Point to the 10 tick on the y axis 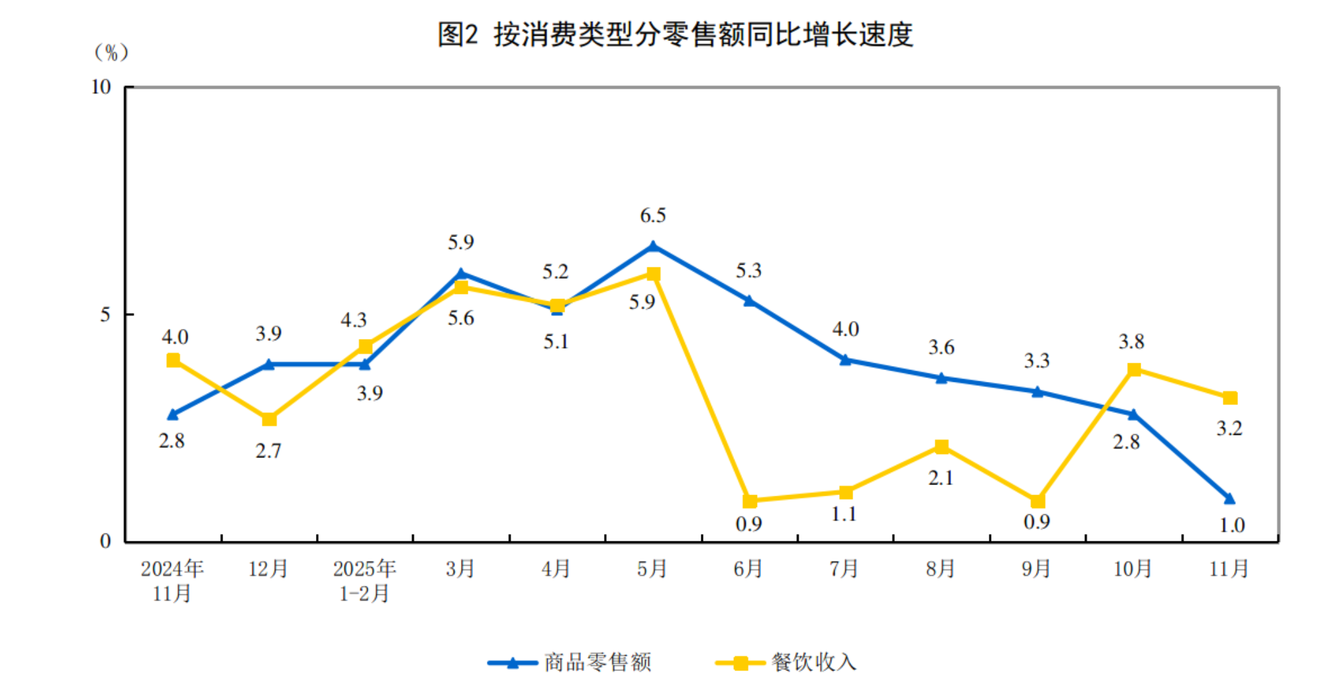point(101,87)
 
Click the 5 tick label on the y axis point(105,314)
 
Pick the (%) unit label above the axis point(111,52)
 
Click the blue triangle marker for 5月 point(653,246)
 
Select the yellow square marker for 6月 point(749,501)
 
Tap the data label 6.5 point(652,216)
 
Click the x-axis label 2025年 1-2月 point(364,580)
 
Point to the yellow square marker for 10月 point(1134,369)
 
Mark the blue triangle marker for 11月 point(1229,498)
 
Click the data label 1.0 point(1232,526)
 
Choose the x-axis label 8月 point(941,569)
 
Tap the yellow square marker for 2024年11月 point(173,360)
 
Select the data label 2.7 point(268,451)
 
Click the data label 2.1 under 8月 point point(941,478)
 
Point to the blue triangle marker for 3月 point(461,273)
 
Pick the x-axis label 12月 point(268,569)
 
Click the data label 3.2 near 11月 point(1229,428)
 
